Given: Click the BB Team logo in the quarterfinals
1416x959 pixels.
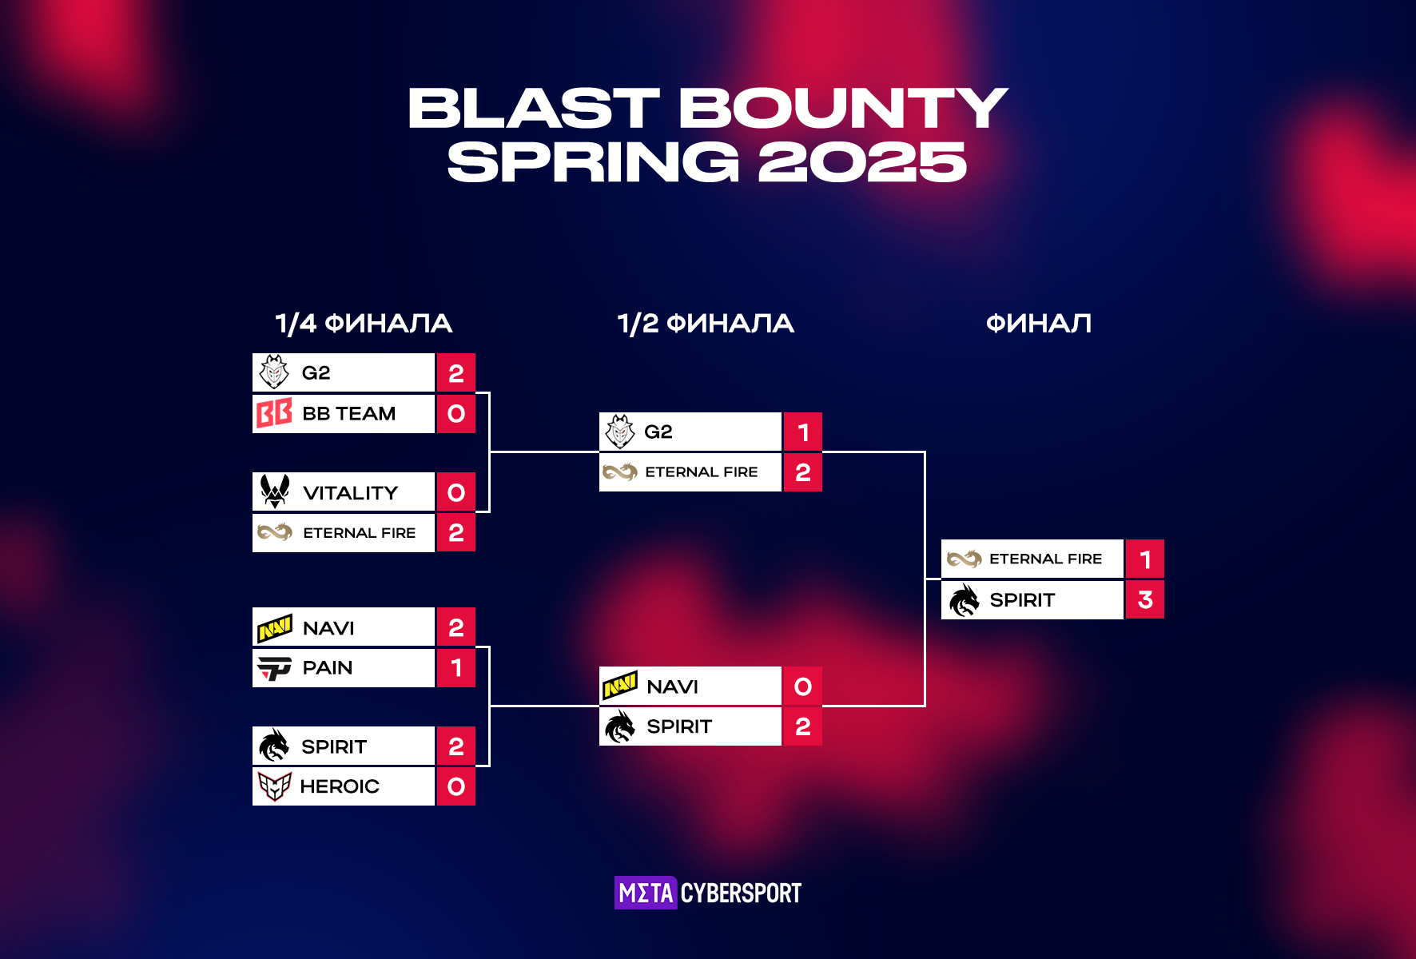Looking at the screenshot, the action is pos(274,413).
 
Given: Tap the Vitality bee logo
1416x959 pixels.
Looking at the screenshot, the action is pos(275,491).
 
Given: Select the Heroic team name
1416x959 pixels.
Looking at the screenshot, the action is pos(340,786).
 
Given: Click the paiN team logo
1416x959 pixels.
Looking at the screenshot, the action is pos(274,667).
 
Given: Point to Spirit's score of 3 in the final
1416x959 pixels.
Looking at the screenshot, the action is pos(1145,599).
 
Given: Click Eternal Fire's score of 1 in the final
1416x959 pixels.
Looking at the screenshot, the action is pos(1145,559).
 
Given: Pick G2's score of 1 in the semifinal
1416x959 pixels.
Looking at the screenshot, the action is pos(803,432).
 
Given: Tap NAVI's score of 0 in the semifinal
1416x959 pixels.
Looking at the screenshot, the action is pos(803,686).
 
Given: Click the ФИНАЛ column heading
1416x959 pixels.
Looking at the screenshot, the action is pos(1038,324).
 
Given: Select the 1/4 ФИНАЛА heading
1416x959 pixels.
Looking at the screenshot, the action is pos(364,324).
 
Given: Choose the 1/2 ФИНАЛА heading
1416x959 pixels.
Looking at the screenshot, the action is pos(706,324).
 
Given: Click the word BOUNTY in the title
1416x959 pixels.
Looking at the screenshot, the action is pos(843,108).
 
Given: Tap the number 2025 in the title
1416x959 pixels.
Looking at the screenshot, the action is pos(863,162).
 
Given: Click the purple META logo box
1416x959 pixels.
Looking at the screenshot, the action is pos(646,893).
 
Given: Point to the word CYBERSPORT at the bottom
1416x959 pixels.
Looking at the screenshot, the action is pos(741,893).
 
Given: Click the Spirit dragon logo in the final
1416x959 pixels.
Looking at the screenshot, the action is pos(964,599).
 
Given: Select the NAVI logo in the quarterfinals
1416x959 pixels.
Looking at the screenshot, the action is pos(274,628).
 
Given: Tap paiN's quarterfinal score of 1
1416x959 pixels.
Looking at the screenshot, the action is pos(456,667).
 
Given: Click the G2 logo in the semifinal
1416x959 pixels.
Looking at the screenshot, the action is pos(620,432).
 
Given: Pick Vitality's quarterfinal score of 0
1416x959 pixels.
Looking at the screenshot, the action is pos(456,492).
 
